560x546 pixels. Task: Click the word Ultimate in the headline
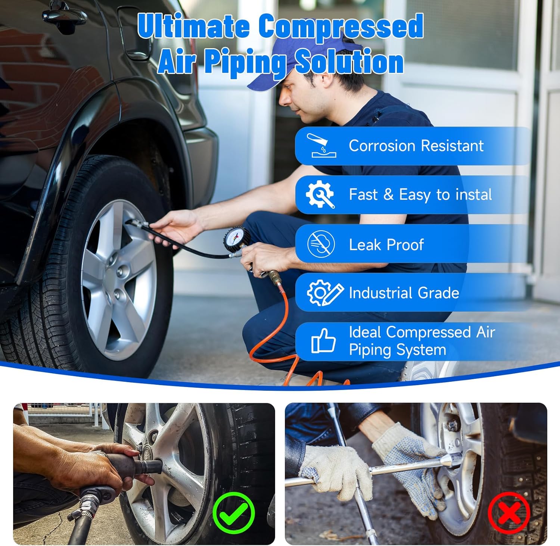coord(193,26)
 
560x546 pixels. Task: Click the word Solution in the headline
coord(349,62)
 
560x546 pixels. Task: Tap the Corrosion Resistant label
coord(416,146)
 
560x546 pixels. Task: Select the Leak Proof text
coord(386,245)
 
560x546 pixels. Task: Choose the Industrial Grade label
coord(404,293)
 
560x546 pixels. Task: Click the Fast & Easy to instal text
coord(420,195)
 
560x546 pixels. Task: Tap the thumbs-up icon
coord(323,341)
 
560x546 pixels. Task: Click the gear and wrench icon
coord(320,194)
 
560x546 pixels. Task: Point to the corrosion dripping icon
coord(321,146)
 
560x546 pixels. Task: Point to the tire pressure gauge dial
coord(237,239)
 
